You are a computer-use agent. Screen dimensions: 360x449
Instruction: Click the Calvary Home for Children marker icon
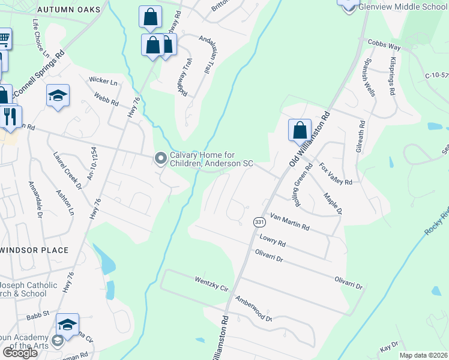click(x=160, y=158)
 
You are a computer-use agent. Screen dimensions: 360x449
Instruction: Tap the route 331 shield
click(x=259, y=222)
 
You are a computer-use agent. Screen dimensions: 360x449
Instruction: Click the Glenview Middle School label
click(x=403, y=7)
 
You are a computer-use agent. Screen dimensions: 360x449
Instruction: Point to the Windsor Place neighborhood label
click(x=34, y=249)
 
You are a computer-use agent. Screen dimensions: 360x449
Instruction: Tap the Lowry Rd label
click(x=273, y=241)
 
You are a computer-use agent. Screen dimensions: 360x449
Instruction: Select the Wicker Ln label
click(x=102, y=79)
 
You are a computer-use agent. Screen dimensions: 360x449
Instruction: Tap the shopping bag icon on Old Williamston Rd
click(x=300, y=130)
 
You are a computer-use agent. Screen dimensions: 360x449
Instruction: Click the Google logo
click(x=20, y=353)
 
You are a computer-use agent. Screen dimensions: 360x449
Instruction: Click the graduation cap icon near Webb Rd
click(x=58, y=95)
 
